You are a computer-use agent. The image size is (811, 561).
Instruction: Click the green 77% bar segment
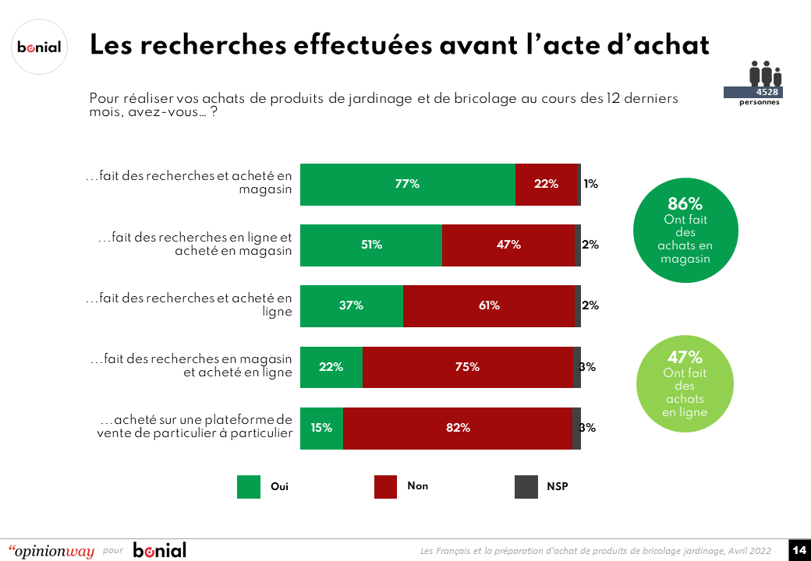tap(408, 185)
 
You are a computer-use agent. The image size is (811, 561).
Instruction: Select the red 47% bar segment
tap(508, 245)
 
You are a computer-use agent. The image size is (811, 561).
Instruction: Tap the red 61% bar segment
tap(489, 306)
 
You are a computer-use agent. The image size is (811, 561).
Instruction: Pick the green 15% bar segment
tap(321, 428)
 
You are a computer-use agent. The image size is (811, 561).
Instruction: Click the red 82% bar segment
tap(457, 428)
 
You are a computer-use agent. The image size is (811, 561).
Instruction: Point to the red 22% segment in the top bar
tap(546, 185)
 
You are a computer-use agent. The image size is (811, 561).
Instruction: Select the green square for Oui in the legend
tap(249, 487)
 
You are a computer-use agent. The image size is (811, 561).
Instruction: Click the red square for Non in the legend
tap(386, 487)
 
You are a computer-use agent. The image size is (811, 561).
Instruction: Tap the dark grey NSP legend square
tap(527, 487)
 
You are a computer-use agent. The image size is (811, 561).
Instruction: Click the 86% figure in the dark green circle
tap(685, 205)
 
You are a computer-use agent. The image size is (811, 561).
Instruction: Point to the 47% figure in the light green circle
tap(685, 358)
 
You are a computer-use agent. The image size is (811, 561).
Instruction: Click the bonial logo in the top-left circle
tap(39, 47)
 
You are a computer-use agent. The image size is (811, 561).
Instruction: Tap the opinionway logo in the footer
tap(51, 551)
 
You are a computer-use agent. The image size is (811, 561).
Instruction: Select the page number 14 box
tap(799, 550)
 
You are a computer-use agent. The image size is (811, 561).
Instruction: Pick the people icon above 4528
tap(765, 74)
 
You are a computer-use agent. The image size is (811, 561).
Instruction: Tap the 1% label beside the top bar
tap(590, 185)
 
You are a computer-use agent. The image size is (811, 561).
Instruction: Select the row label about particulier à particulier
tap(194, 428)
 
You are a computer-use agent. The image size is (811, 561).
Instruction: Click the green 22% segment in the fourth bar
tap(331, 367)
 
